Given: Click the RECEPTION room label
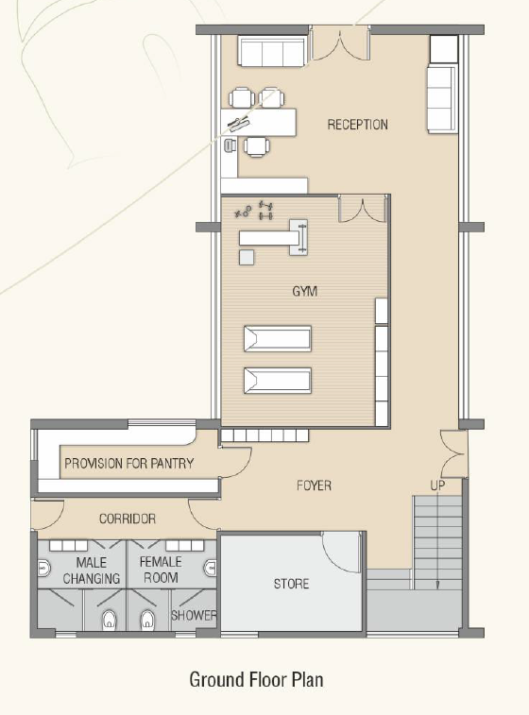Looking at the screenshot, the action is tap(357, 125).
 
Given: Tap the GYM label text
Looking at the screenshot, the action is tap(304, 291).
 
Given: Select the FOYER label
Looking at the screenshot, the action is tap(314, 485).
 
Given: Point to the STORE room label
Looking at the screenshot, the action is tap(291, 584).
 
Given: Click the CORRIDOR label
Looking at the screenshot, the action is tap(128, 519).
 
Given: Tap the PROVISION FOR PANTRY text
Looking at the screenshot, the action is tap(129, 464).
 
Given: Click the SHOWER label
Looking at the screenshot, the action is tap(194, 615).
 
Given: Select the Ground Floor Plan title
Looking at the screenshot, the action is tap(256, 679).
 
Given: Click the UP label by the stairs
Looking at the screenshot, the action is tap(437, 485).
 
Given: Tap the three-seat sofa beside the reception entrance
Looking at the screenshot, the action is tap(271, 53).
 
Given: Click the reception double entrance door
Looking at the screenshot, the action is tap(339, 43).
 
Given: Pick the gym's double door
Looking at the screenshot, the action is tap(363, 209).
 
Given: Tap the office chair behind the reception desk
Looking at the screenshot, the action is tap(230, 145).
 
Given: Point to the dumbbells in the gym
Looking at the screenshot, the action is tap(265, 210).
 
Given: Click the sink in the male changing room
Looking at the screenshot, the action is tap(43, 569).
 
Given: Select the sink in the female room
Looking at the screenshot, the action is tap(211, 568).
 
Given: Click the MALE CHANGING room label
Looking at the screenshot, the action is tap(92, 570).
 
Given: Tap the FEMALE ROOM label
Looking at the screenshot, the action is tap(161, 570).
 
